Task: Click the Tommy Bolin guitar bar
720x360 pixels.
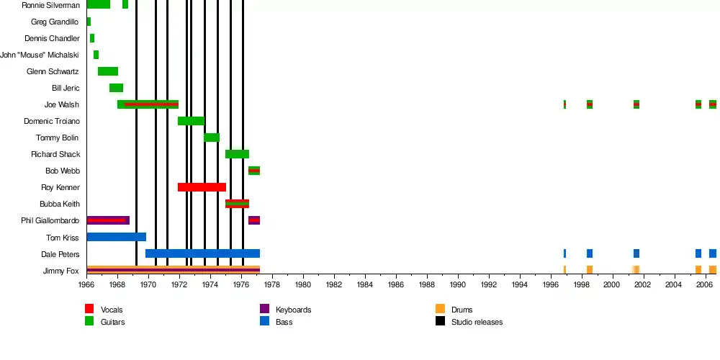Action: point(212,138)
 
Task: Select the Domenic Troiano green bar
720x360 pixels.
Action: point(191,121)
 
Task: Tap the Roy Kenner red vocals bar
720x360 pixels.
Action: point(202,187)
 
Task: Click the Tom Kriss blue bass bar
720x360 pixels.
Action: point(116,237)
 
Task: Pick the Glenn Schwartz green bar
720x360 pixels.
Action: point(108,71)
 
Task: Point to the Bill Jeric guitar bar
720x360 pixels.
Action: point(116,88)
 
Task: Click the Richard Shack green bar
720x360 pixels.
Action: point(237,154)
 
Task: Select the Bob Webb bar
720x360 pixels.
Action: point(254,171)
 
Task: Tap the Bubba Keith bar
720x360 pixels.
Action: point(237,204)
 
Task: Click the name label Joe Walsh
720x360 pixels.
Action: point(62,104)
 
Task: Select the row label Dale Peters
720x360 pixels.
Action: point(60,254)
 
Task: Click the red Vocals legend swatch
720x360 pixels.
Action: point(89,309)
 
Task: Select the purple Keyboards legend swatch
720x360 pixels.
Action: point(264,309)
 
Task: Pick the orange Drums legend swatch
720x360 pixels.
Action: point(440,309)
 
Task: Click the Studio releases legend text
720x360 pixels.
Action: point(477,322)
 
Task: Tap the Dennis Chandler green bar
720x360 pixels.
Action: point(92,38)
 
